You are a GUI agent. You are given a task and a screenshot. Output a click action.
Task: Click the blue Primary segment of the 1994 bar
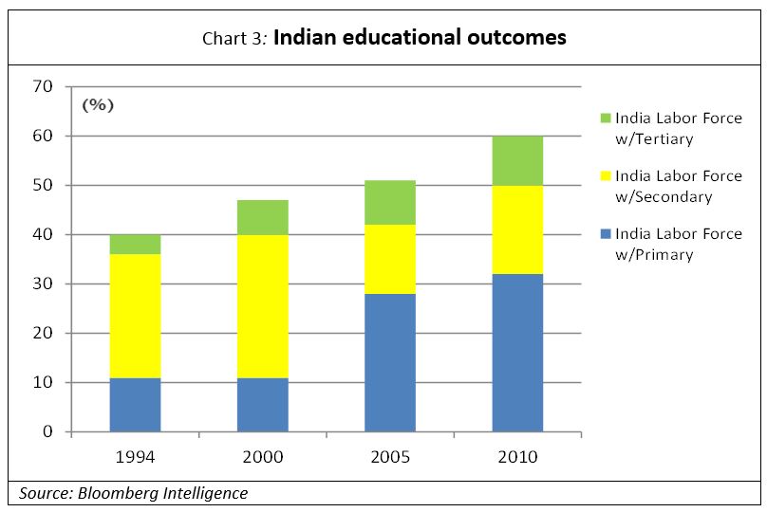tap(135, 405)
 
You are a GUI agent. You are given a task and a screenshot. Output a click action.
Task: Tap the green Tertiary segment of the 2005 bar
tap(390, 202)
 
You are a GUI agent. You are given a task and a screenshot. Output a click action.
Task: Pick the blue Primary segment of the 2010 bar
tap(517, 353)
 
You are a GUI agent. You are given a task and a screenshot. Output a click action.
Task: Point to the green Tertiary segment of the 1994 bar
tap(135, 244)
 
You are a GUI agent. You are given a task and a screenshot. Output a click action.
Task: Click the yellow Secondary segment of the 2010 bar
tap(517, 229)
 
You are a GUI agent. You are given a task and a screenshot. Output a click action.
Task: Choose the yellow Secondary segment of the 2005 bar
tap(390, 259)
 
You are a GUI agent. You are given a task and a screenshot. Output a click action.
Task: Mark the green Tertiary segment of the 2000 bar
tap(263, 217)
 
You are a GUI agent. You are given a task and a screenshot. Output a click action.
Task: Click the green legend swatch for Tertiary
tap(605, 119)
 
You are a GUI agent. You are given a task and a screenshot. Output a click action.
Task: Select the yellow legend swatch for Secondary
tap(605, 176)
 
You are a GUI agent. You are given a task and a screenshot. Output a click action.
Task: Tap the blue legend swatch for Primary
tap(605, 234)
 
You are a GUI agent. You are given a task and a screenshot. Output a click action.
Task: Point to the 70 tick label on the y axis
tap(44, 87)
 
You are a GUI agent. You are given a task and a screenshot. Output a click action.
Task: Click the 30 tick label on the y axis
tap(44, 284)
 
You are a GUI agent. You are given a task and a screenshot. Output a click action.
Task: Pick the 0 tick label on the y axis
tap(48, 432)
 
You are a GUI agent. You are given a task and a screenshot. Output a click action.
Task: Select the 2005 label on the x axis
tap(390, 457)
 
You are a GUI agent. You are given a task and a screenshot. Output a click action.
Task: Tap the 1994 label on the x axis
tap(135, 457)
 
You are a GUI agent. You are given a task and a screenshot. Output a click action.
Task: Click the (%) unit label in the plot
tap(98, 105)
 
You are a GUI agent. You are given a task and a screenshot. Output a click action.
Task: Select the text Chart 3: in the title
tap(235, 39)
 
